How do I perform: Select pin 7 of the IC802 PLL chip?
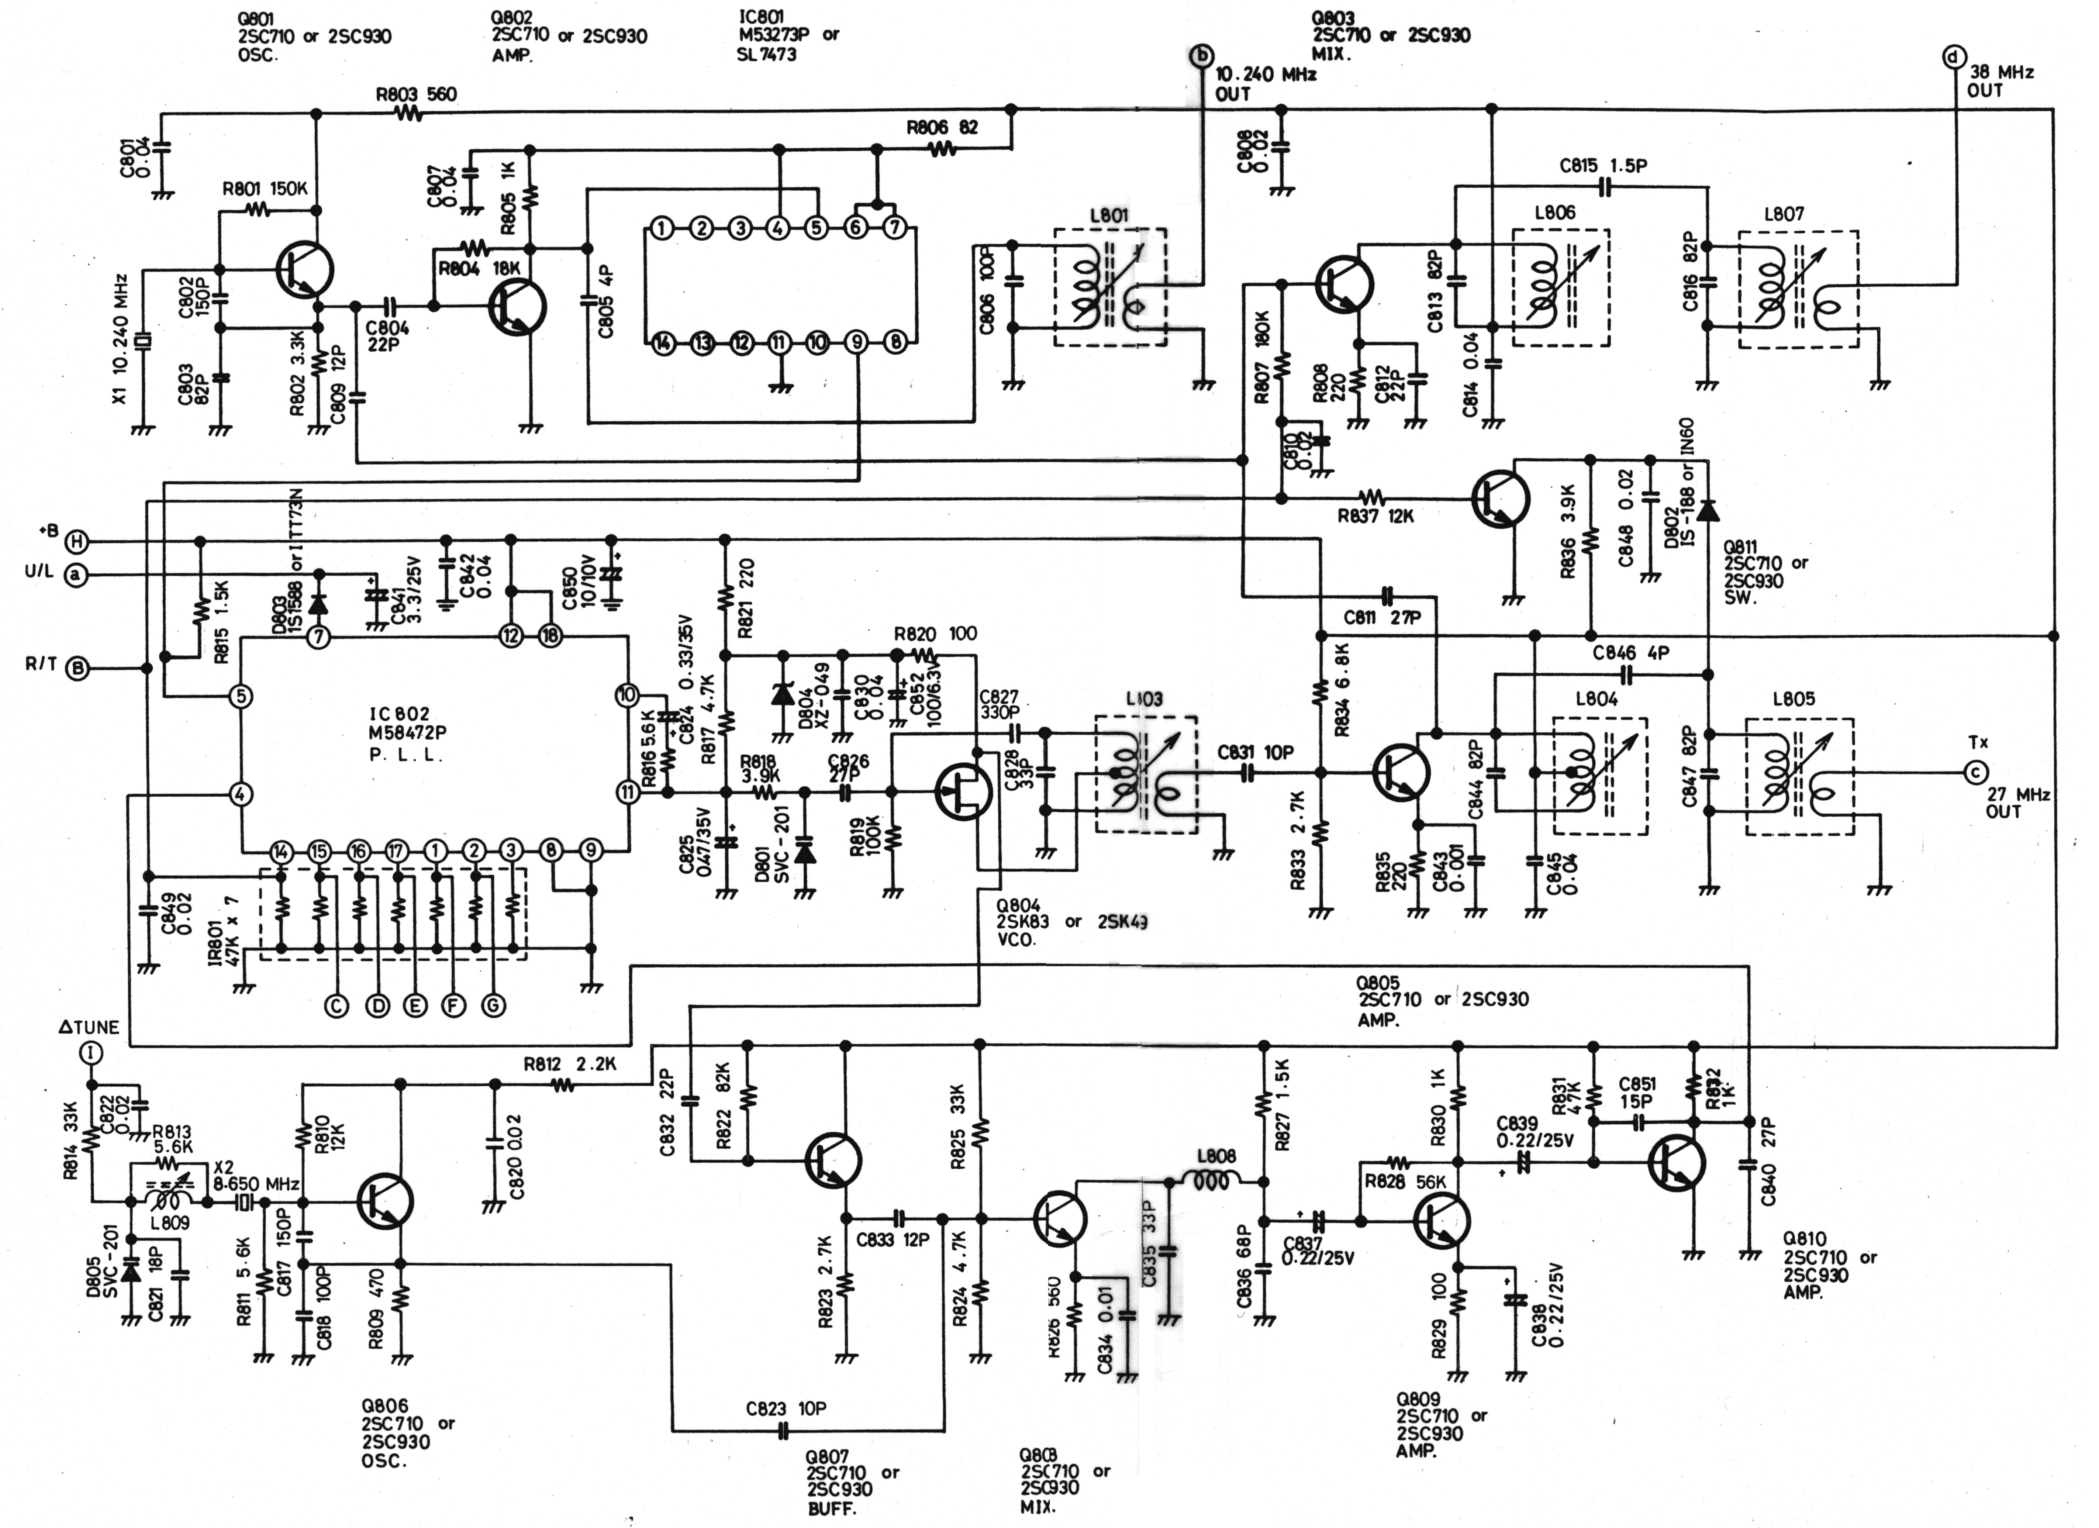pos(318,637)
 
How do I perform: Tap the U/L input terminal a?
pos(76,576)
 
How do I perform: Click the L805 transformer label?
pos(1793,700)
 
